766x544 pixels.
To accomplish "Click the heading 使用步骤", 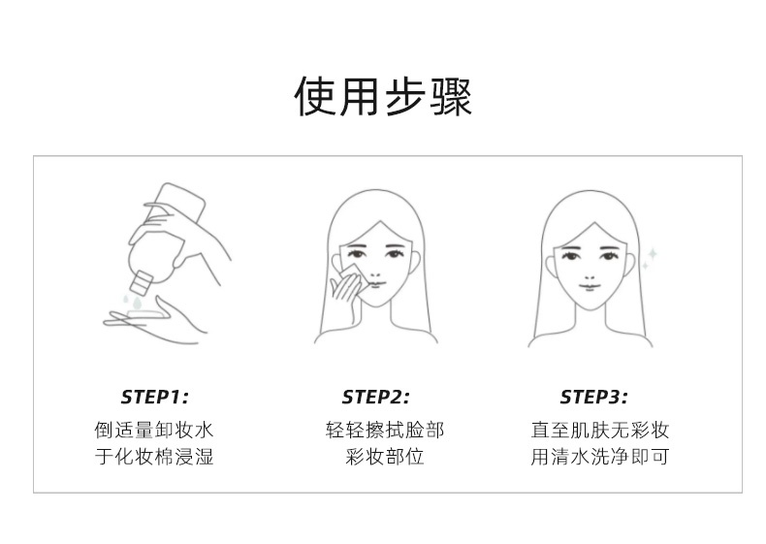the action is click(x=383, y=96).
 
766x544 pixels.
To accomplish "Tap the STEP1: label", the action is click(x=154, y=397).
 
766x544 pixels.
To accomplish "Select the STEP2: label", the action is click(x=375, y=397).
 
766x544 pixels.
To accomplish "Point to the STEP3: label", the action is click(x=593, y=397).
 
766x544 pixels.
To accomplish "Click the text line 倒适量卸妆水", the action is click(x=154, y=431).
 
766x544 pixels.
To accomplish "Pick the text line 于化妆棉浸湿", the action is click(x=154, y=457).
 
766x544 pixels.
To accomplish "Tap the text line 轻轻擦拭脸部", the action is click(x=385, y=431).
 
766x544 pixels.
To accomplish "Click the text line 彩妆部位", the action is click(x=385, y=457).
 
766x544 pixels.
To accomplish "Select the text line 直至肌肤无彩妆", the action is click(x=600, y=431).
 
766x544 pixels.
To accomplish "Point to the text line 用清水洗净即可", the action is click(x=600, y=457).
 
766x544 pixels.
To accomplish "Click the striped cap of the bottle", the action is click(x=141, y=282).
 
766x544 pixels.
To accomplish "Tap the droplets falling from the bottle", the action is click(x=133, y=302).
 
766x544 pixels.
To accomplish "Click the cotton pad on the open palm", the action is click(x=144, y=313).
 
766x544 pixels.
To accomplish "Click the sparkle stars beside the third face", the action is click(x=650, y=259).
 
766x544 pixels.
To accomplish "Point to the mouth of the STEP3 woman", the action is click(x=590, y=287).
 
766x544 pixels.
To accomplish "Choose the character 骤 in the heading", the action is click(x=451, y=96).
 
